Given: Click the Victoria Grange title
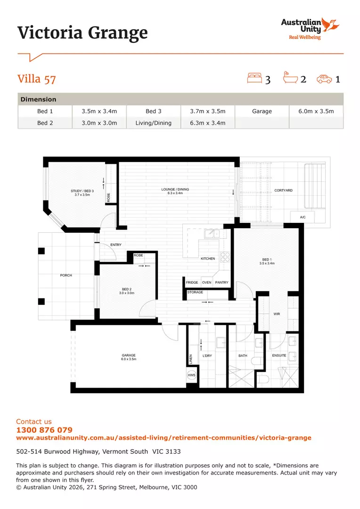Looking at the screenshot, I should coord(82,33).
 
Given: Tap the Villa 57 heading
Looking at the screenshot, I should coord(37,78).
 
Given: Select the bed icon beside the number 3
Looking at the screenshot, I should coord(254,78).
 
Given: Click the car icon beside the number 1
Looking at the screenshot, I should coord(324,79).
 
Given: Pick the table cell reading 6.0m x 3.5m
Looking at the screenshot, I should coord(316,111).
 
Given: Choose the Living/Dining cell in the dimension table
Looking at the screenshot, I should coord(153,123).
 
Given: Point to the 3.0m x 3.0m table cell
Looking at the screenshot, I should coord(99,123).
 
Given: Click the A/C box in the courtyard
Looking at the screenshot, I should coord(303,217).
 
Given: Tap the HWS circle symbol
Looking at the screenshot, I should coord(192,376).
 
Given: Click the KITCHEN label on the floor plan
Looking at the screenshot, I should coord(208,259).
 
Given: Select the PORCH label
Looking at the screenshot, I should coord(66,275).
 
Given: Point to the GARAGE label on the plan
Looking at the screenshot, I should coord(129,355).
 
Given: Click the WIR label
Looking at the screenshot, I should coord(277,314).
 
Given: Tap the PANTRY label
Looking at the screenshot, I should coord(221,283).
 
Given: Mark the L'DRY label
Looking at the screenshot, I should coord(207,356).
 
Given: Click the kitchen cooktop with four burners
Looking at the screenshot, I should coord(225,257).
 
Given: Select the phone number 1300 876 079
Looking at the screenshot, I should coord(44,430).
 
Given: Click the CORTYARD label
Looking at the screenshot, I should coord(283,190).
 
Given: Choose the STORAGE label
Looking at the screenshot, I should coord(195,292).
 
